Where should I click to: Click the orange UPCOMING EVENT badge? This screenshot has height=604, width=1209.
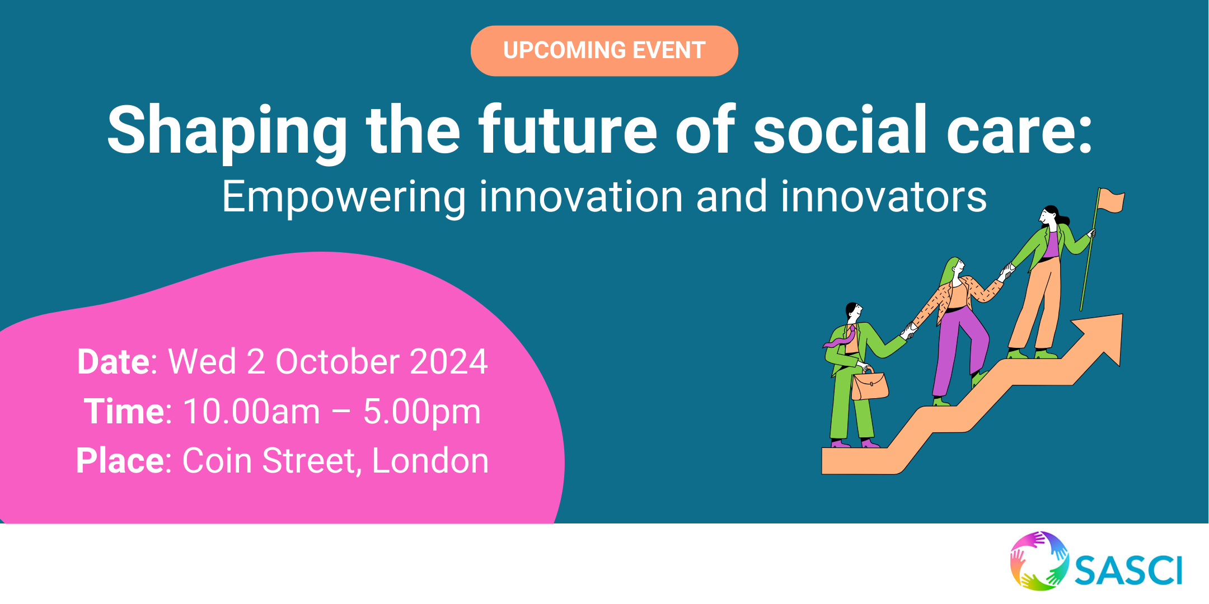pyautogui.click(x=604, y=50)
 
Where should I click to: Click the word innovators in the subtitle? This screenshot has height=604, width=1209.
pyautogui.click(x=884, y=196)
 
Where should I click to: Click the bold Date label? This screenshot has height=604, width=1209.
pyautogui.click(x=114, y=361)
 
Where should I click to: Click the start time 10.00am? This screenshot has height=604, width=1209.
pyautogui.click(x=252, y=412)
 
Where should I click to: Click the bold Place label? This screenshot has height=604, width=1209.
pyautogui.click(x=119, y=461)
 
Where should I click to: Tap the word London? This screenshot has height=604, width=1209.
pyautogui.click(x=430, y=461)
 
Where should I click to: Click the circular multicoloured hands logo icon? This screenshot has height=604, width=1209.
pyautogui.click(x=1039, y=561)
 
